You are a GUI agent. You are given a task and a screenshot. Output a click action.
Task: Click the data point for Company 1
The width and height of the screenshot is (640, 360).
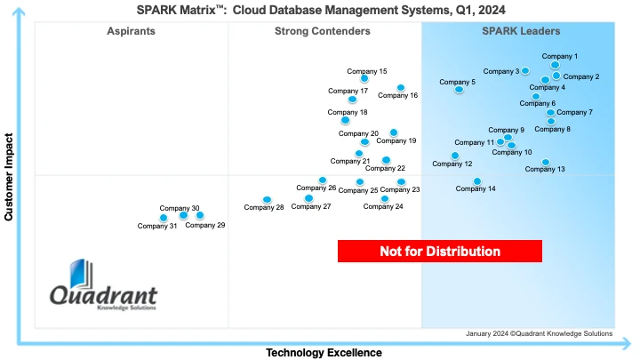[x=556, y=65]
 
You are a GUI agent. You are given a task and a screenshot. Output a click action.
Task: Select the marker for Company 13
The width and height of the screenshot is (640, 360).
[x=546, y=163]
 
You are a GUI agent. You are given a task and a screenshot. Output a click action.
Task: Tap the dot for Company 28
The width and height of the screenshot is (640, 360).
[x=267, y=200]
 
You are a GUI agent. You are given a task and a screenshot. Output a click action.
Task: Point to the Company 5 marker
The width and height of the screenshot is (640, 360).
[x=459, y=89]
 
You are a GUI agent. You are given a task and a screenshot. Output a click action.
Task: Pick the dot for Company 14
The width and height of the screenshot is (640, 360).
[x=477, y=181]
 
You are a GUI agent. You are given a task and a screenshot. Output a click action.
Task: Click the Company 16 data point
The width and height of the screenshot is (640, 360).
[x=401, y=88]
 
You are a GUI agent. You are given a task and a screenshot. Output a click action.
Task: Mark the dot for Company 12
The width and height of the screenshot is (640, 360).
[x=455, y=156]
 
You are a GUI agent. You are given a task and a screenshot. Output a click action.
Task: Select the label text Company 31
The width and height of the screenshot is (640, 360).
[x=157, y=226]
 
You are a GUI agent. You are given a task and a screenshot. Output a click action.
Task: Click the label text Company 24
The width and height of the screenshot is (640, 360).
[x=383, y=206]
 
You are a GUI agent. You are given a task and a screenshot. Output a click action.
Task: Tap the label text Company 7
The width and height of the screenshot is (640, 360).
[x=574, y=112]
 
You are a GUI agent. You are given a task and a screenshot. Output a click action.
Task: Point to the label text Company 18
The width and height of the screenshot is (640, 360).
[x=348, y=112]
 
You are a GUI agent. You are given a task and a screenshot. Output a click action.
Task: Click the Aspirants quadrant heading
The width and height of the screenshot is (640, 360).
[x=131, y=31]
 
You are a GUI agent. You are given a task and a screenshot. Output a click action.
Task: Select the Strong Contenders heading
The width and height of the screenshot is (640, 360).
[x=323, y=31]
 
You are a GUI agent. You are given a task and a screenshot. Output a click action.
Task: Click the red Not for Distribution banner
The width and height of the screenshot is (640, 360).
[x=440, y=252]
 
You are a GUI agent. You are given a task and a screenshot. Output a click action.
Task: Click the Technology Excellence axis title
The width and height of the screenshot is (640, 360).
[x=324, y=353]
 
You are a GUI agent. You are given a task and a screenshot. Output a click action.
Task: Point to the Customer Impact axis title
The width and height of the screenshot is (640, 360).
[x=9, y=177]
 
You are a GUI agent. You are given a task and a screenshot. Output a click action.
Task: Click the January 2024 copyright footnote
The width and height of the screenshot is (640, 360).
[x=539, y=333]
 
